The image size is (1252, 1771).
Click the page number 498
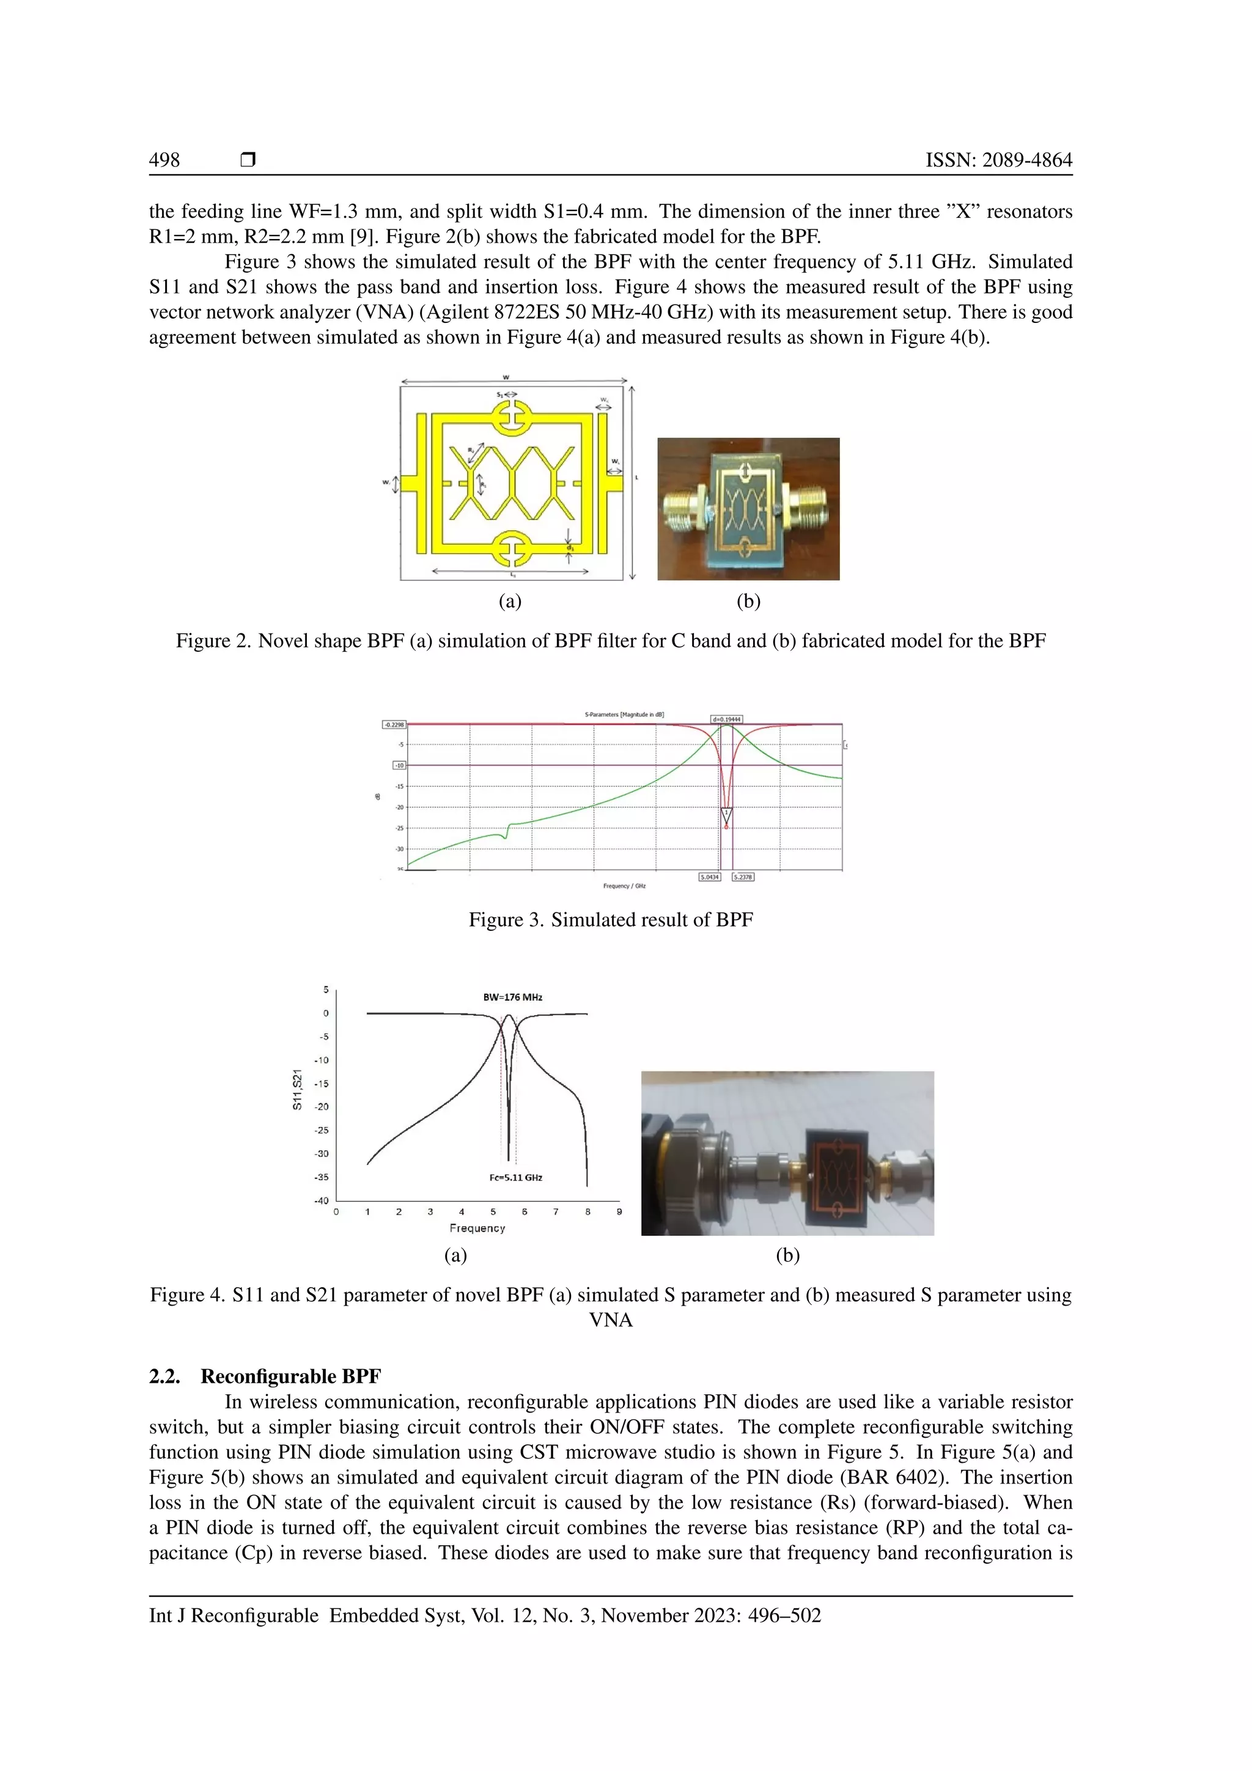164,160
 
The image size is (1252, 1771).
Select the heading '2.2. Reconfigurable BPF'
265,1376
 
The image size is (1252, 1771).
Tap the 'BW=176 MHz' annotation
513,997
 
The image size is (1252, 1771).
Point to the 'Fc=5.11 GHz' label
516,1178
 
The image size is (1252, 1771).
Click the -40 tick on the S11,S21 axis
321,1201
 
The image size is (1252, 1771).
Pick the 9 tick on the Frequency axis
619,1212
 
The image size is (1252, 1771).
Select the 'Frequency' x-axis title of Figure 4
477,1228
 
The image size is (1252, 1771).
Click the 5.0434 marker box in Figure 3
709,877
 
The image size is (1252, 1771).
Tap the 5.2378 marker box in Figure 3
743,877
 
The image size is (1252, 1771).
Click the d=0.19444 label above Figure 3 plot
726,719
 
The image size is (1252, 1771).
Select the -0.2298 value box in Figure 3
394,724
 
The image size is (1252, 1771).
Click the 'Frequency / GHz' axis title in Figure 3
624,886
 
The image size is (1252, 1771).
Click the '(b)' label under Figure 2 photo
749,601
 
